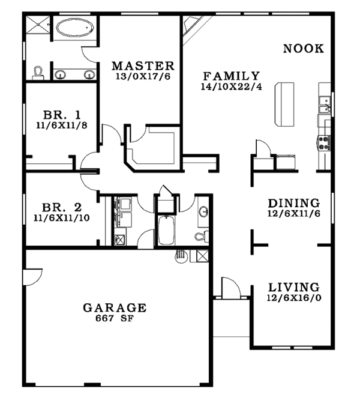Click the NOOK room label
tap(303, 49)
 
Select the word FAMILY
tap(231, 76)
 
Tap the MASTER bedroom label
tap(143, 66)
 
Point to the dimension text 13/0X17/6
tap(143, 77)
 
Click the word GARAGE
tap(114, 308)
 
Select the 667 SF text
tap(114, 319)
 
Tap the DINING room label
tap(293, 203)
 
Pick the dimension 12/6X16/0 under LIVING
tap(293, 298)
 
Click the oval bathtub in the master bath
tap(75, 28)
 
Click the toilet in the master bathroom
tap(39, 73)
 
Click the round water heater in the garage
tap(181, 256)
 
